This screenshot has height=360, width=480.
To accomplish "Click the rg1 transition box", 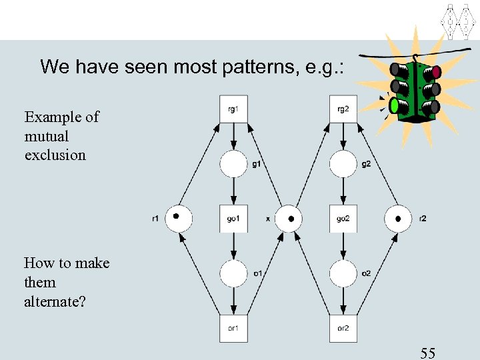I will [x=233, y=109].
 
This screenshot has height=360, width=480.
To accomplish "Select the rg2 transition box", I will [x=343, y=109].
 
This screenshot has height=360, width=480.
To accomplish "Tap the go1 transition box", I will [x=233, y=218].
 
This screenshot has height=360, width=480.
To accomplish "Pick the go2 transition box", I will [x=343, y=218].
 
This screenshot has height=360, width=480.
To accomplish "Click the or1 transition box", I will [x=233, y=327].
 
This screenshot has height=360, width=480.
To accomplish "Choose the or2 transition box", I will [x=343, y=327].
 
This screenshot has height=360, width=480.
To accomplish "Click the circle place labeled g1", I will [x=233, y=163].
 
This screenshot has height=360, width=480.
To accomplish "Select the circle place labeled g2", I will [x=343, y=163].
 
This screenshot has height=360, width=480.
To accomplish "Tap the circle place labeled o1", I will [x=233, y=273].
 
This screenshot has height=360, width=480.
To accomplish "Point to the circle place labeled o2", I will [x=343, y=273].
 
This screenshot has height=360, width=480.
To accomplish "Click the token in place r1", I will [x=176, y=216].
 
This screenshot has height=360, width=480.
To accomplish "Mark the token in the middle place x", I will [x=291, y=218].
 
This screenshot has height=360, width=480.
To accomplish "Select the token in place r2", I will [x=398, y=219].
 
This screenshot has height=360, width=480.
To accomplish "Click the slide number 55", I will [x=427, y=353].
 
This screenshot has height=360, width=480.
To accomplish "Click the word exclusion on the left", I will [x=55, y=155].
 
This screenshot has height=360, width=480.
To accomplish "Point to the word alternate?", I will [x=55, y=301].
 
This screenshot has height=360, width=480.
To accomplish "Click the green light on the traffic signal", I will [x=395, y=105].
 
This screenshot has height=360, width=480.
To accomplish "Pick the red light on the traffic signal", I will [x=437, y=71].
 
